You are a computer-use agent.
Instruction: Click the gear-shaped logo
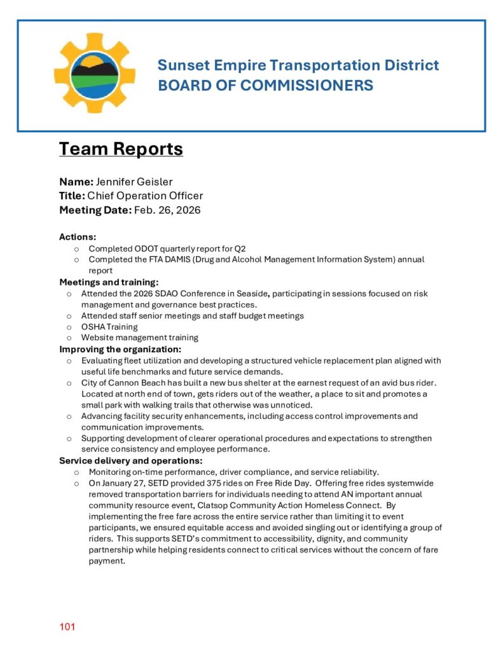click(95, 73)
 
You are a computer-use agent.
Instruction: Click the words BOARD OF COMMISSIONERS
click(265, 85)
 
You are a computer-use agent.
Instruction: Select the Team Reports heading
click(121, 149)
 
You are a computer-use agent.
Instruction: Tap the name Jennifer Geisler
click(134, 182)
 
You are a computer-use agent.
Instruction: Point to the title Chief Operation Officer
click(145, 196)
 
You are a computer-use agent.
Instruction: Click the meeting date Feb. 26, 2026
click(167, 210)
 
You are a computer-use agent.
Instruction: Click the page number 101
click(67, 627)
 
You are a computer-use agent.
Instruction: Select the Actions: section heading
click(78, 237)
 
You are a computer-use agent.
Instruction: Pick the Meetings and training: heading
click(109, 282)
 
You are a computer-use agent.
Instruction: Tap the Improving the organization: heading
click(120, 349)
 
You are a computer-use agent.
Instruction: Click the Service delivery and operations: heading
click(131, 460)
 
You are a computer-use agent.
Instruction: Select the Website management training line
click(139, 338)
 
